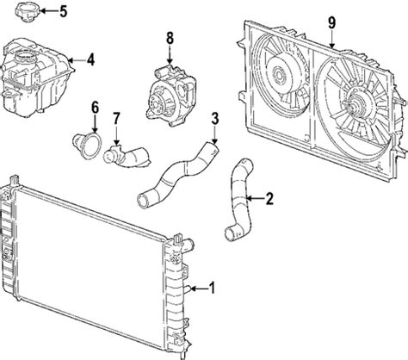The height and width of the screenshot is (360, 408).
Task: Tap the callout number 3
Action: pos(215,117)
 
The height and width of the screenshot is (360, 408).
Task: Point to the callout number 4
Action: pos(90,59)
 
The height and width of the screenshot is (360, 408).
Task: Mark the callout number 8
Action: pos(170,37)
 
